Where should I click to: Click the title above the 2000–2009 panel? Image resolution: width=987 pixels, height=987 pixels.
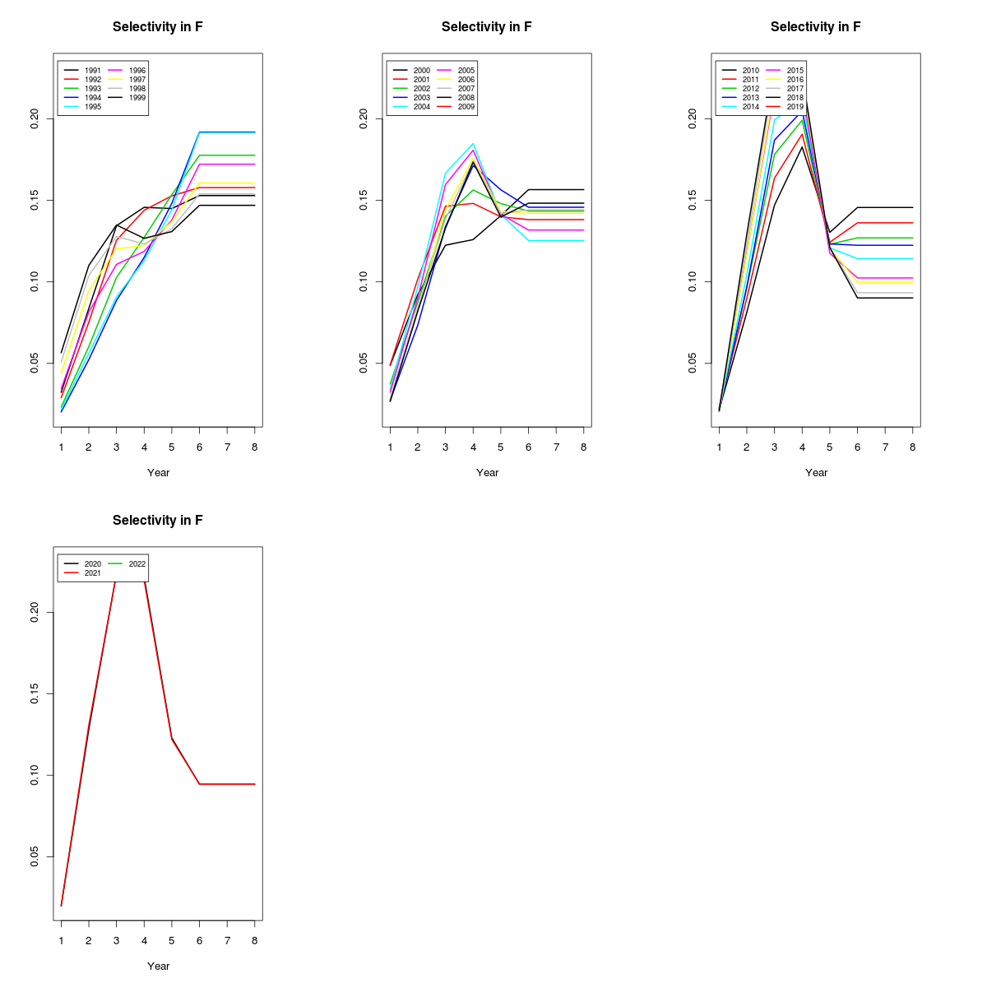tap(487, 27)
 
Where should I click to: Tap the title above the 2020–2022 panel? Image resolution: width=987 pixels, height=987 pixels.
tap(158, 521)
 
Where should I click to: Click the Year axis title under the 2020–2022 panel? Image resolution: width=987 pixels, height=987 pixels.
tap(158, 966)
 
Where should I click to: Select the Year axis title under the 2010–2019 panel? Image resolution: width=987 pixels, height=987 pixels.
tap(816, 472)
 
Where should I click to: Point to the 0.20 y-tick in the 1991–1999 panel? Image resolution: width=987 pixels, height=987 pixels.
tap(35, 119)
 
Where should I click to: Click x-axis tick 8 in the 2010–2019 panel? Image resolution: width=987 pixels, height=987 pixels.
tap(912, 447)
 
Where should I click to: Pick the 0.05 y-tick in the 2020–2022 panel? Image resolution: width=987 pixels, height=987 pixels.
tap(35, 857)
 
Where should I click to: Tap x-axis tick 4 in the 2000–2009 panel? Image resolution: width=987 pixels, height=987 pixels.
tap(473, 447)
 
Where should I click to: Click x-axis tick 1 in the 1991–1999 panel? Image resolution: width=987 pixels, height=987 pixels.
tap(61, 447)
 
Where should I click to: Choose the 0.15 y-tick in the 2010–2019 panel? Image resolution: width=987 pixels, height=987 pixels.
tap(693, 201)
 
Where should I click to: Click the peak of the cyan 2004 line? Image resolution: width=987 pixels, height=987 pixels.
tap(473, 144)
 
